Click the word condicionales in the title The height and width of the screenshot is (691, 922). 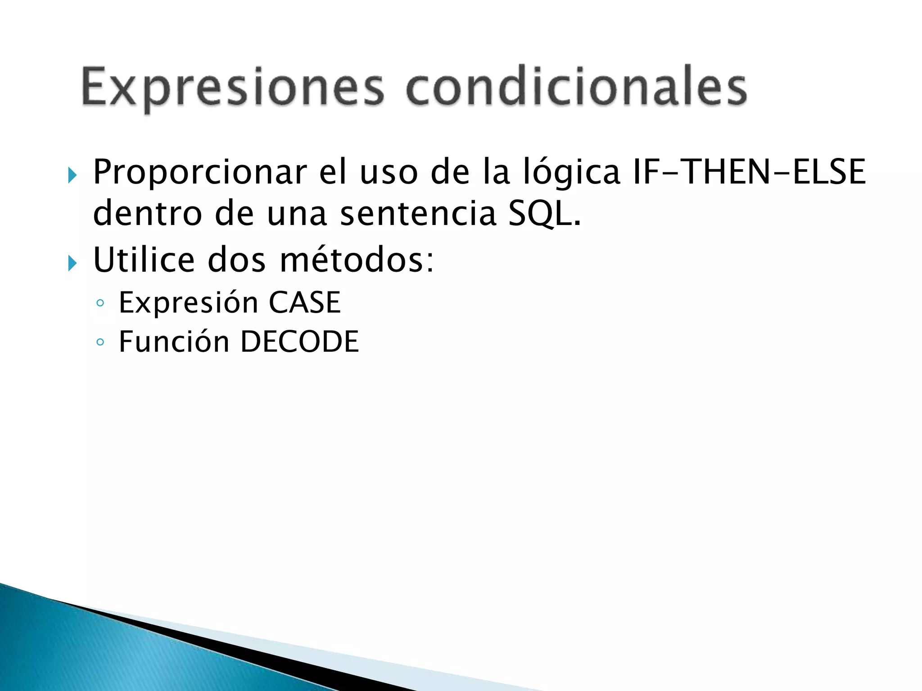(576, 86)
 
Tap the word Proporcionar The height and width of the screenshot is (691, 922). (199, 173)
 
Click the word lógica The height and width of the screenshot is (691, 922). (572, 173)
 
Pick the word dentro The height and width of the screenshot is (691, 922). (147, 214)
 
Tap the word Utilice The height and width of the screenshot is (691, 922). (144, 260)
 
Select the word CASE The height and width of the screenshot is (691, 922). (304, 302)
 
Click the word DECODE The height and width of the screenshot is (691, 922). (299, 342)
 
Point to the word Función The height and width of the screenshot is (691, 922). (174, 342)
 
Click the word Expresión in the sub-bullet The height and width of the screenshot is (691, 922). (188, 303)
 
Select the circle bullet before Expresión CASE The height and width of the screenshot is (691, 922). (100, 303)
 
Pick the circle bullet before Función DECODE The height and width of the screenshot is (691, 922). (100, 343)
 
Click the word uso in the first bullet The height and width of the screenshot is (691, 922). (389, 173)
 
